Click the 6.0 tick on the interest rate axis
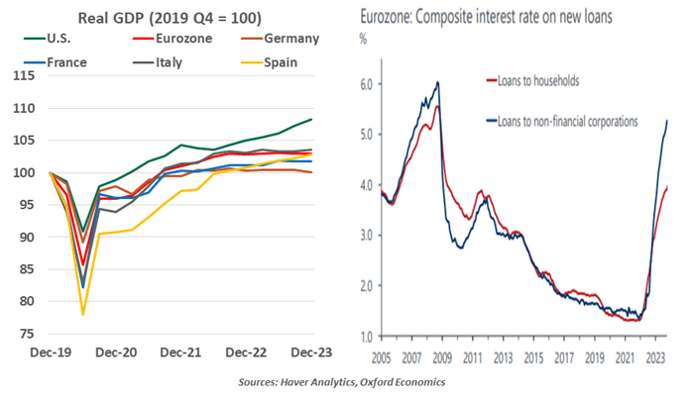point(366,84)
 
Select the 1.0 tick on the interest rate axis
point(366,337)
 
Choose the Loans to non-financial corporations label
point(573,122)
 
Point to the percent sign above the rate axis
point(363,40)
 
